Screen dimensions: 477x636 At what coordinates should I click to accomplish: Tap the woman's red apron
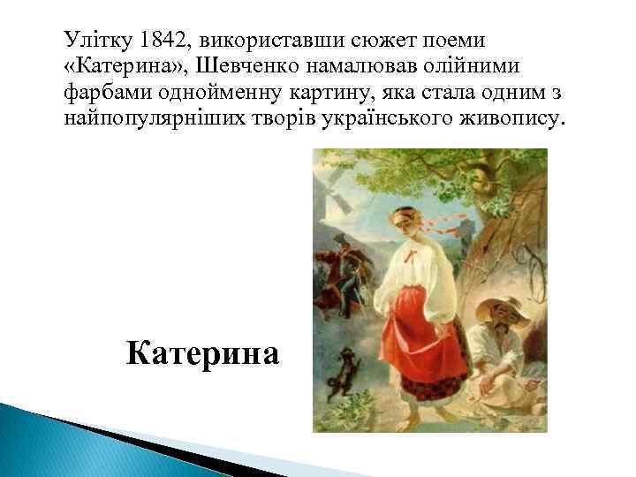(x=430, y=331)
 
